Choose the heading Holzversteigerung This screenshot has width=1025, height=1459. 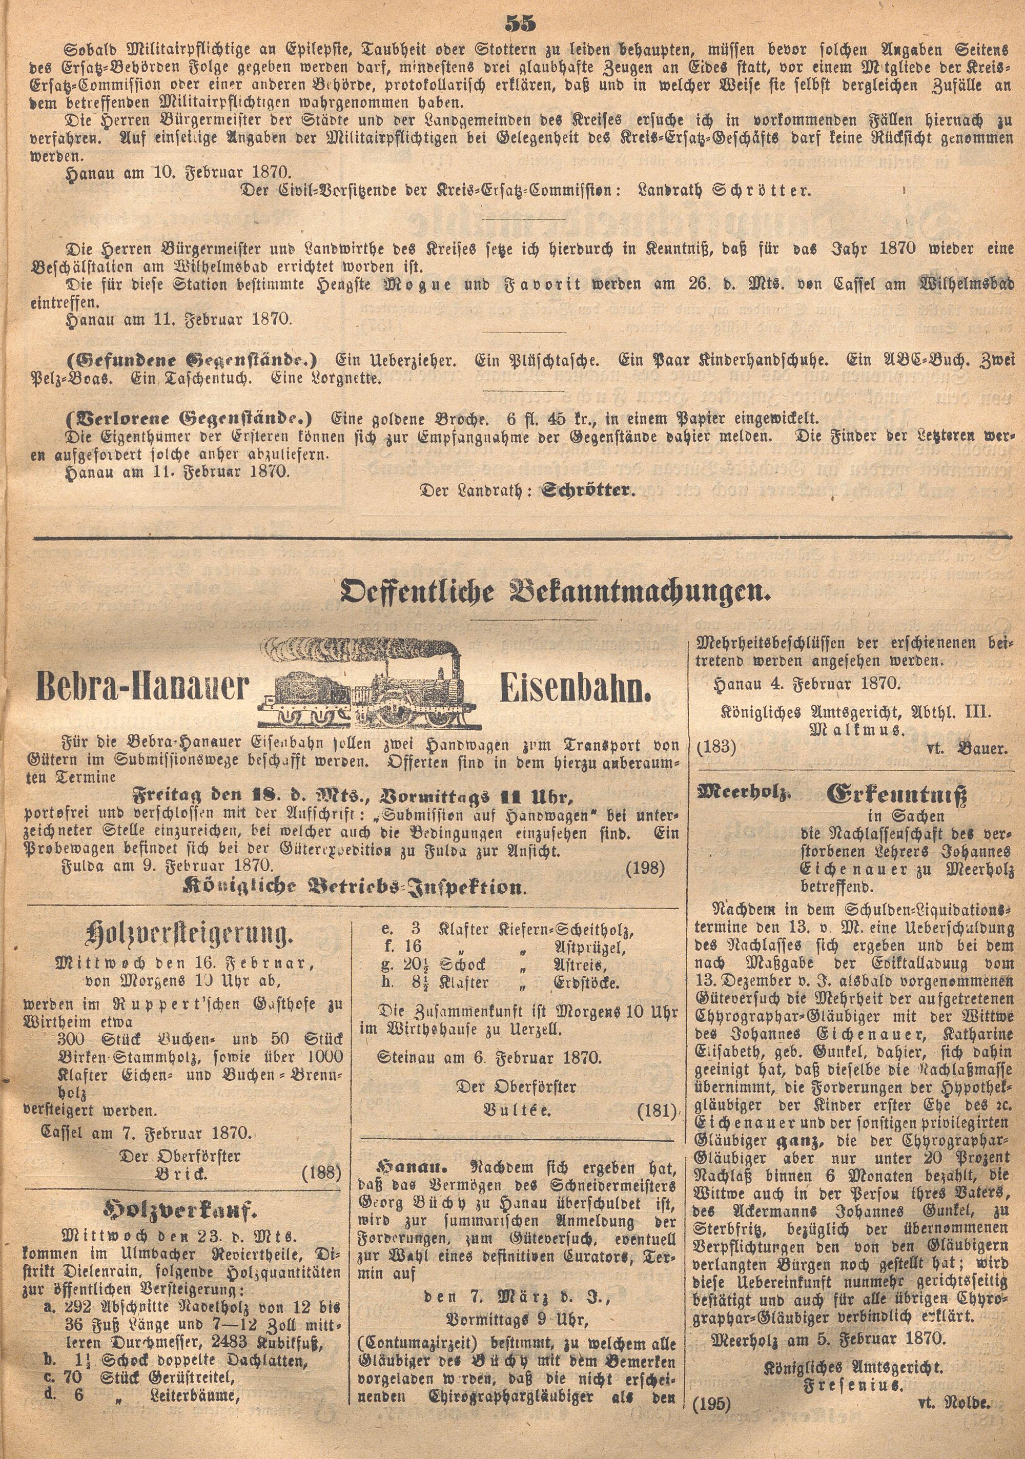tap(189, 934)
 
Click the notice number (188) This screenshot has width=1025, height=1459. tap(321, 1171)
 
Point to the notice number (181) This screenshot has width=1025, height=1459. tap(657, 1110)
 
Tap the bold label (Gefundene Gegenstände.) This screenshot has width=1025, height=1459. tap(191, 360)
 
